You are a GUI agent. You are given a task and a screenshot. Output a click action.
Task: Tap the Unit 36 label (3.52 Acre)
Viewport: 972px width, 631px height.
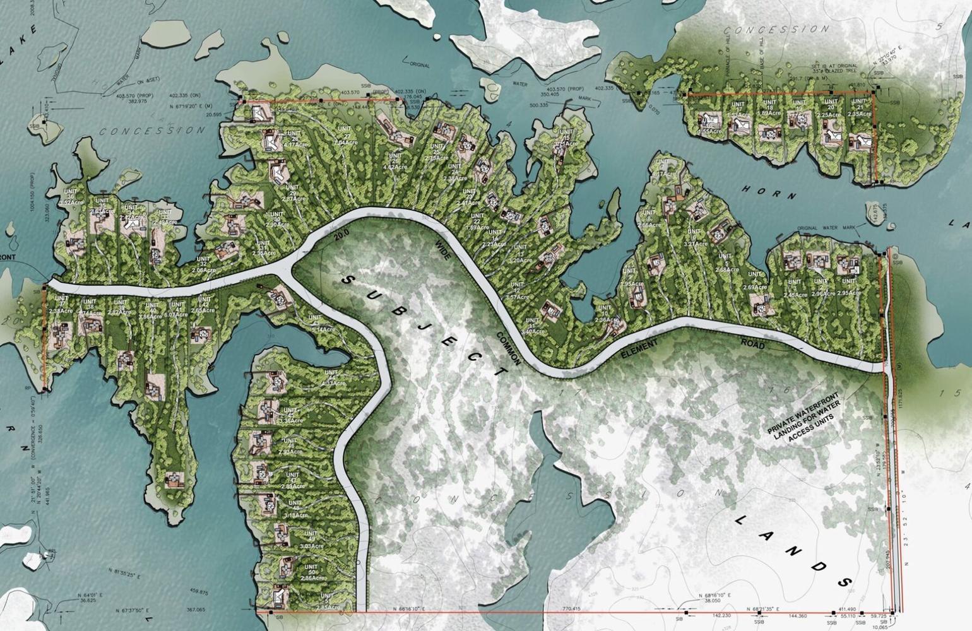tap(70, 199)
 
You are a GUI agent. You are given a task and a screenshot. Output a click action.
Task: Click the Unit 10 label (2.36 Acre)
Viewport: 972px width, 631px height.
tap(605, 315)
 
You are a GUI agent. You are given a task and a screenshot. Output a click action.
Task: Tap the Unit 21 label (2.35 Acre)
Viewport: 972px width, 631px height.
tap(858, 110)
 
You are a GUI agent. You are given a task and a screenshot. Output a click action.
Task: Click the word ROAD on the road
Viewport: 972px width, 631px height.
tap(753, 345)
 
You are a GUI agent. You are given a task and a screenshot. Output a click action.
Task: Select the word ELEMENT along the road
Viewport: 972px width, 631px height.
tap(639, 349)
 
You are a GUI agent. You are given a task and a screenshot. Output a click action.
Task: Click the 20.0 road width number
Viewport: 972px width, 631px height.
tap(341, 236)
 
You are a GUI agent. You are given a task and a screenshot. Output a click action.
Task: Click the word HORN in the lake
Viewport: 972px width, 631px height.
tap(769, 192)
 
